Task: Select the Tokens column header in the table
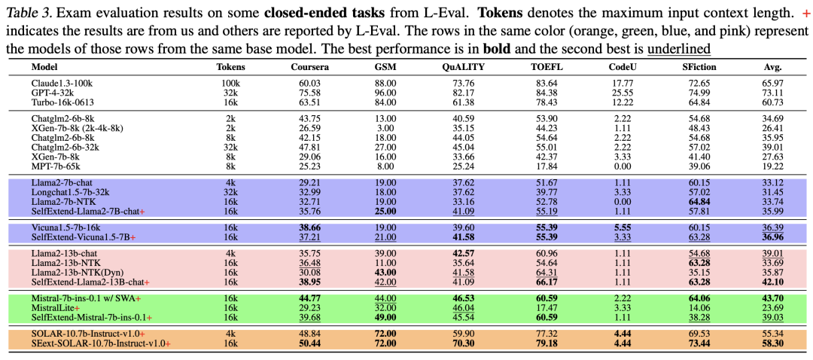tap(231, 67)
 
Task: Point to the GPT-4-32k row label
tap(53, 93)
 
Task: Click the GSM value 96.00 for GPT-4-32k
tap(385, 93)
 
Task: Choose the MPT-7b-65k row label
tap(56, 166)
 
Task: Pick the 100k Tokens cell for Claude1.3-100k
tap(231, 84)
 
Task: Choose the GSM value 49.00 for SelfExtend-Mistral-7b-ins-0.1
tap(385, 316)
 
